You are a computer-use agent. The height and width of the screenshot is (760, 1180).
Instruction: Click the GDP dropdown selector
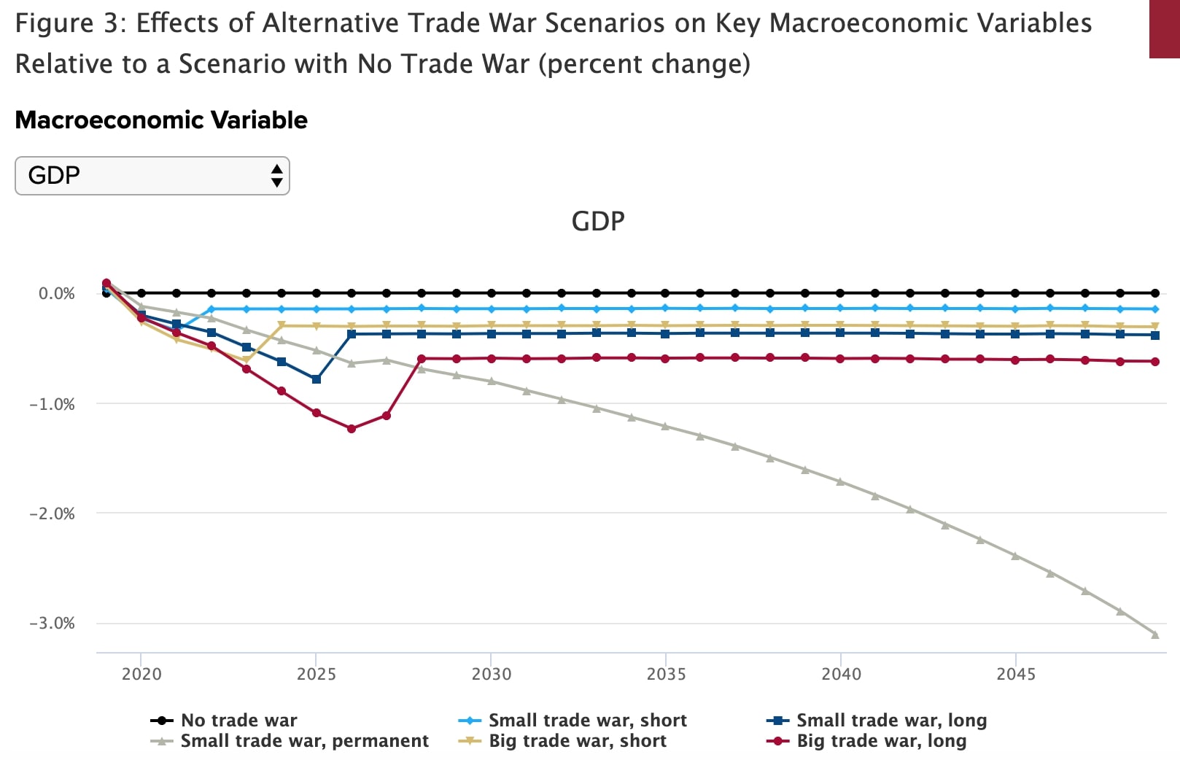[x=152, y=176]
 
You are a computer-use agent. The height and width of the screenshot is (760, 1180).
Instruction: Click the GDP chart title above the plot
[x=597, y=221]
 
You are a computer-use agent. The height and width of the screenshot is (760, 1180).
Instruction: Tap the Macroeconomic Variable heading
[x=161, y=120]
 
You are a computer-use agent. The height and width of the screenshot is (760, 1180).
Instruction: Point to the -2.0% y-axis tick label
[x=52, y=513]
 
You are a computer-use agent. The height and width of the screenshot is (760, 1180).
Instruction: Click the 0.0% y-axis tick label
[x=56, y=293]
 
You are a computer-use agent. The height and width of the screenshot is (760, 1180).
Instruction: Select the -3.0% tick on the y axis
[x=52, y=623]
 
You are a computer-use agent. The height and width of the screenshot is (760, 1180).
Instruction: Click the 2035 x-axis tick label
[x=666, y=674]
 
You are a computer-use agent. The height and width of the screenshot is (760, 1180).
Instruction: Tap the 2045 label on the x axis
[x=1015, y=674]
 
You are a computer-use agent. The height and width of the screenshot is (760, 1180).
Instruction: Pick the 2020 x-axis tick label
[x=141, y=674]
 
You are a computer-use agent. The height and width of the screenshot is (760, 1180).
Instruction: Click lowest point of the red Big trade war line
[x=352, y=429]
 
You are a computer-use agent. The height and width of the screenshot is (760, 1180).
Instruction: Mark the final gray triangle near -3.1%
[x=1155, y=635]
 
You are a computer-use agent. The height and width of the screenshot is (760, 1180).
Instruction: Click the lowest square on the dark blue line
[x=317, y=379]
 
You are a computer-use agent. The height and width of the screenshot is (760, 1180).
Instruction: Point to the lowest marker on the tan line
[x=246, y=360]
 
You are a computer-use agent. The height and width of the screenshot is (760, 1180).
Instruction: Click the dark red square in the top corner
[x=1165, y=28]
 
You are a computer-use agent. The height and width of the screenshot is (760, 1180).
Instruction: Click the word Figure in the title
[x=54, y=23]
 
